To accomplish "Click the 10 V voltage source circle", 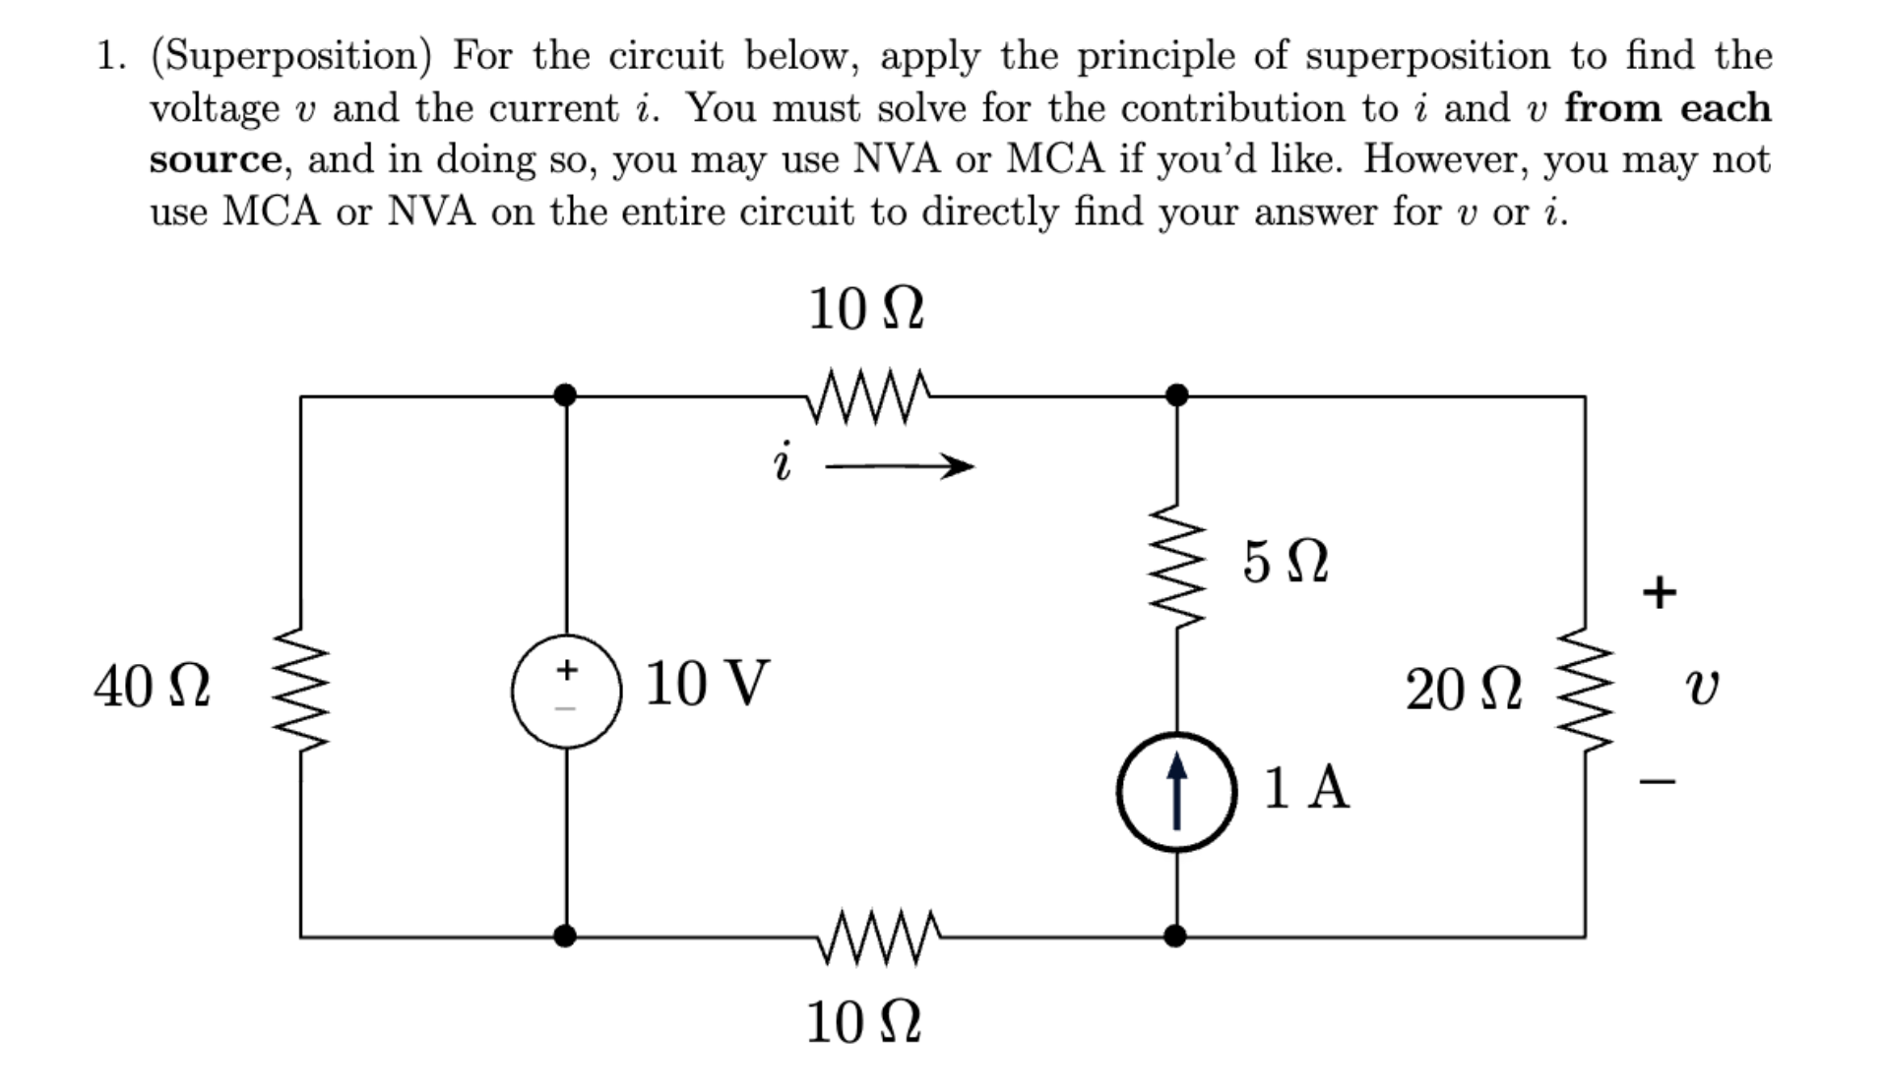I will click(566, 692).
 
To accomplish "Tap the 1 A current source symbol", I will click(1176, 791).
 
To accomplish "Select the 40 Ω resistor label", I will click(152, 686).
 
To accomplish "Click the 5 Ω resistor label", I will click(1285, 562).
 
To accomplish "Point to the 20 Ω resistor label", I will click(1463, 689).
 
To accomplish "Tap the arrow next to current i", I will click(899, 466).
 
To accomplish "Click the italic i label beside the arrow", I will click(782, 462).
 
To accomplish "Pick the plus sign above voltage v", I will click(1659, 592).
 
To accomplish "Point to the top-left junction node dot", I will click(565, 395).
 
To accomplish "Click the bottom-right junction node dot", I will click(1175, 936).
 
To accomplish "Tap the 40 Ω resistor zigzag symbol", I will click(300, 689).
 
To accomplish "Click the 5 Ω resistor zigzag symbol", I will click(1177, 566).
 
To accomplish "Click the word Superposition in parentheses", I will click(291, 56).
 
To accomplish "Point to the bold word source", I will click(216, 159).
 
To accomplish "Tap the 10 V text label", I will click(706, 684).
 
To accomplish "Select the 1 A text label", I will click(1305, 787).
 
